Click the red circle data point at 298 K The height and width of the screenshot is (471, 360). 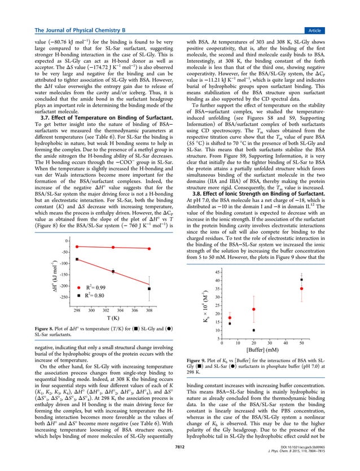click(x=77, y=246)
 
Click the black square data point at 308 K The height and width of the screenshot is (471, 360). click(x=150, y=289)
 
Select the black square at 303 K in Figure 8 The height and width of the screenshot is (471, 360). click(x=113, y=272)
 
